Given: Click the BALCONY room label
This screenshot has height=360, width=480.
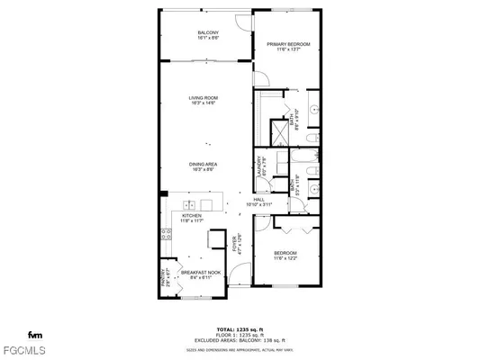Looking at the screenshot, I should (207, 33).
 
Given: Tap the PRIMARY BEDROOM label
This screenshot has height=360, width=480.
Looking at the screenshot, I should (288, 44).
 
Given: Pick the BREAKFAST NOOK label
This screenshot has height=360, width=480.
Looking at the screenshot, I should (197, 272).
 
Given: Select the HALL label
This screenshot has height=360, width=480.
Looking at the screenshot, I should (258, 200).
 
